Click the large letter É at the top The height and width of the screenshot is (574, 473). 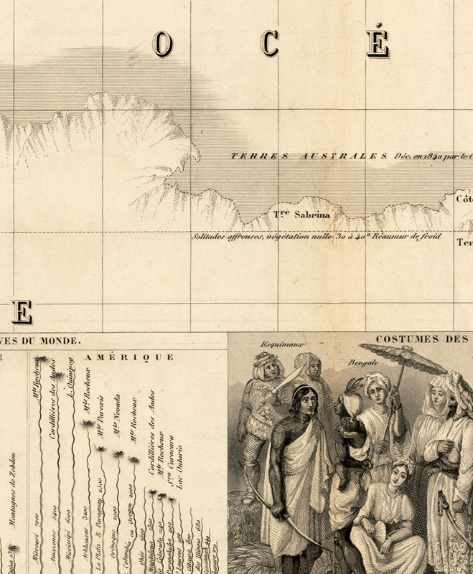click(378, 43)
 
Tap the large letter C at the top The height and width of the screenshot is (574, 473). click(270, 44)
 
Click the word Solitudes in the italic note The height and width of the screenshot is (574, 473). click(210, 236)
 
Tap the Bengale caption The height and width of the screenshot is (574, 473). click(365, 364)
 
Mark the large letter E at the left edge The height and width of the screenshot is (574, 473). click(21, 312)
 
